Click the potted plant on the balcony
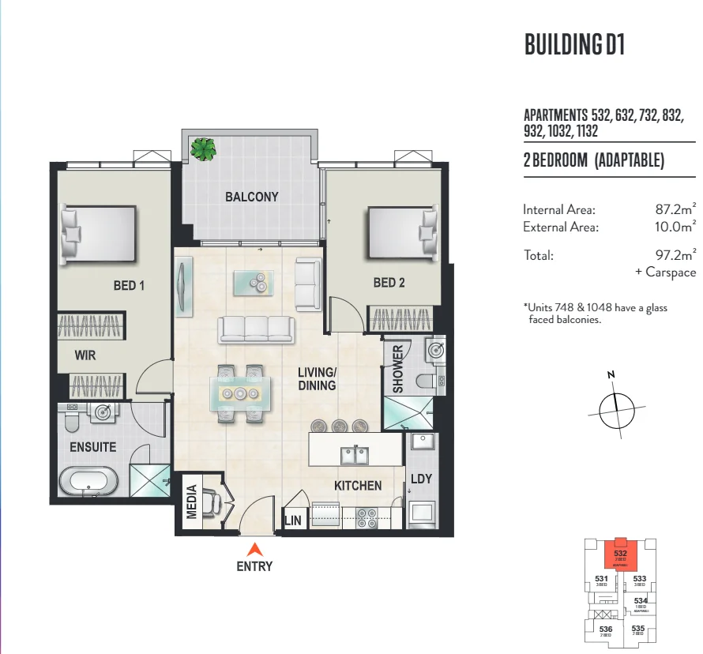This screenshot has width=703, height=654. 204,148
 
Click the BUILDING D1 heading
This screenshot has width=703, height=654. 574,45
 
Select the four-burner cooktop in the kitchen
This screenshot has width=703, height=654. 366,517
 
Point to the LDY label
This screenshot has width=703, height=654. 420,479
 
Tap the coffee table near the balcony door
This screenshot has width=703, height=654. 254,282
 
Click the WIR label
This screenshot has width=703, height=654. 85,355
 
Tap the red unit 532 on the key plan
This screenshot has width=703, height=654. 620,554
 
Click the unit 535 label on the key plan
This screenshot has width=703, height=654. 638,630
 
